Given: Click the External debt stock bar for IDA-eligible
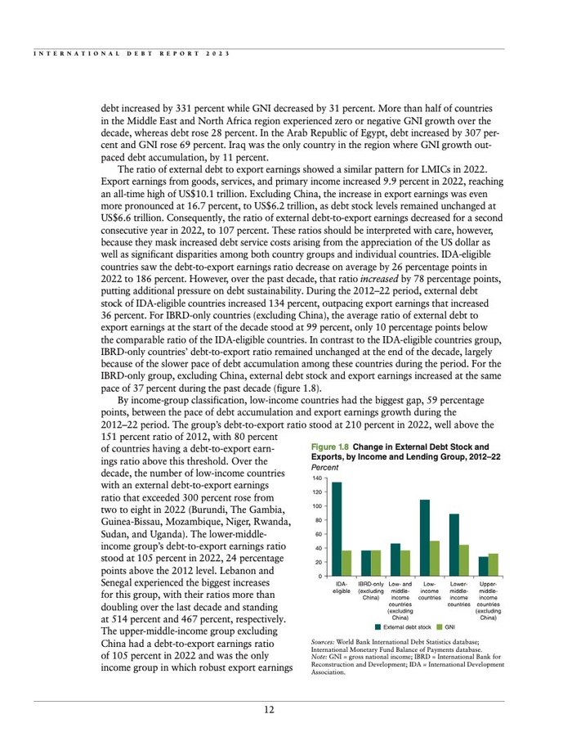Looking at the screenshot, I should pos(337,530).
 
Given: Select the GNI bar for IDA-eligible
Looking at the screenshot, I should pos(346,564).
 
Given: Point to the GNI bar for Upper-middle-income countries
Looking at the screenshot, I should pos(493,565).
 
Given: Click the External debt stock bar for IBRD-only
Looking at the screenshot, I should pos(366,564).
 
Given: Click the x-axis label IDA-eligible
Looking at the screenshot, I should pos(342,587).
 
